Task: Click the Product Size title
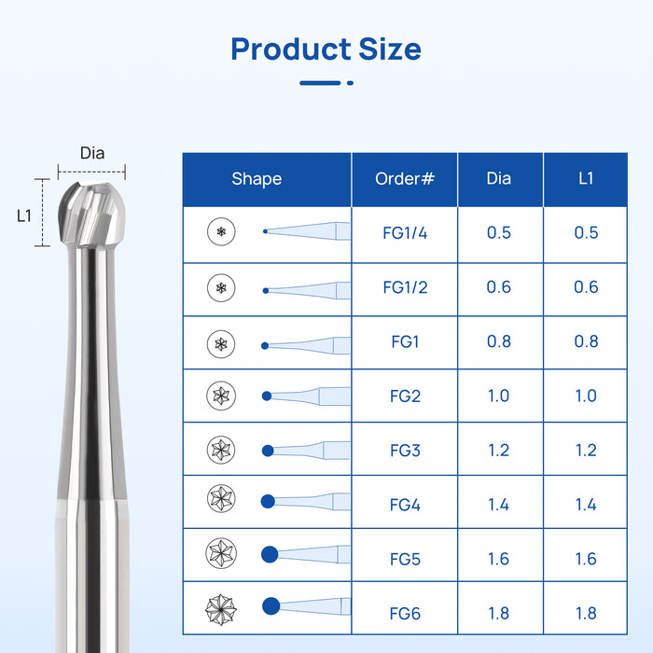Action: click(326, 49)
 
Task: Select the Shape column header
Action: click(257, 178)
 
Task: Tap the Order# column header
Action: click(404, 178)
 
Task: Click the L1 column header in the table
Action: click(586, 178)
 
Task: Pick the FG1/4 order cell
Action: click(405, 232)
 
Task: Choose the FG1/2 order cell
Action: click(405, 287)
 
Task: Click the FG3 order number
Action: click(405, 451)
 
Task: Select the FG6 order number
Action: click(405, 614)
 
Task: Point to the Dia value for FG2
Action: click(499, 396)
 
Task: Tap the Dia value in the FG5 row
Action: click(499, 559)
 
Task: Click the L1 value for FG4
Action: click(586, 505)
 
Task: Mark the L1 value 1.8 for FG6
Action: click(586, 614)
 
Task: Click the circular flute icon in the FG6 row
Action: click(221, 610)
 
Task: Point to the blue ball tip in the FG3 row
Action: click(268, 451)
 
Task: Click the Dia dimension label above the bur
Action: click(92, 154)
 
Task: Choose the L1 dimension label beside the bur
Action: click(24, 215)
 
